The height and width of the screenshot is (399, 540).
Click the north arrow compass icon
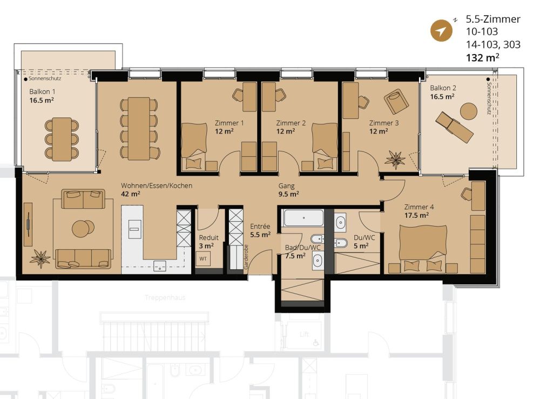(x=441, y=31)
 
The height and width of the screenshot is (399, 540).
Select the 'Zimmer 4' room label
(x=420, y=207)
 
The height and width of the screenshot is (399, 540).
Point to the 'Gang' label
(x=286, y=185)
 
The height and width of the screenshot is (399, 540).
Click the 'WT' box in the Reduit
(x=203, y=259)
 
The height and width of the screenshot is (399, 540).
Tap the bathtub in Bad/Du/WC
(x=303, y=218)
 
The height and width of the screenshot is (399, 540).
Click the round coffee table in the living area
(x=83, y=228)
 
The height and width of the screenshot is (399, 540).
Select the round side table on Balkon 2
(x=468, y=112)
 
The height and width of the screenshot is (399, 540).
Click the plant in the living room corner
(x=40, y=258)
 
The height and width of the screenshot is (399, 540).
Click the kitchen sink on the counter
(x=159, y=265)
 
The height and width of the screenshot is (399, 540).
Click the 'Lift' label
(x=305, y=335)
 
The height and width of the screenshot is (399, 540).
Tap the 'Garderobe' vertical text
(x=246, y=256)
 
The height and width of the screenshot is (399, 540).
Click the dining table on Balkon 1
(x=62, y=138)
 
